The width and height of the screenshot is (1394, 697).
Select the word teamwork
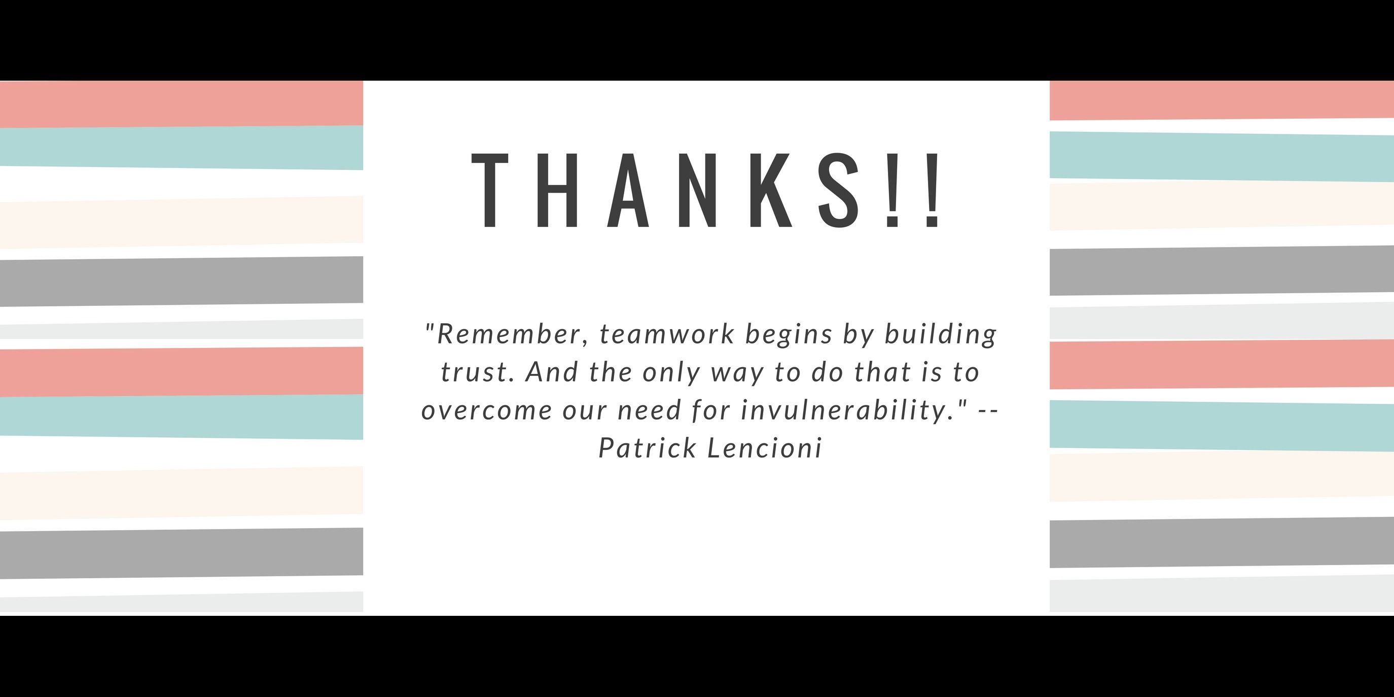point(667,334)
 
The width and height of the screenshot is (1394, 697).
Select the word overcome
point(486,411)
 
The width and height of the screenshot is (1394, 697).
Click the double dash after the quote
point(988,411)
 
